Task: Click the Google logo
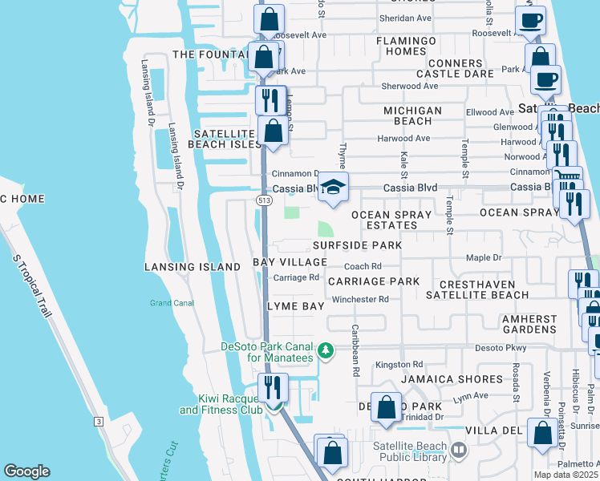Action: coord(26,471)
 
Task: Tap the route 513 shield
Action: coord(264,199)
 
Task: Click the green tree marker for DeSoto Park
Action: coord(326,350)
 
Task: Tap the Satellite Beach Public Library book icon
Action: coord(458,451)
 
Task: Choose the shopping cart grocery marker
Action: coord(568,178)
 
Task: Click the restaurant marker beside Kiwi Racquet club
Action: coord(274,388)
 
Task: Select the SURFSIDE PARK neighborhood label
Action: coord(357,245)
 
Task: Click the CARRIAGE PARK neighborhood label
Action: coord(373,281)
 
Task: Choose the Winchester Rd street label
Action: coord(360,299)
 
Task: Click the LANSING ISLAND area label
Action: coord(192,266)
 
